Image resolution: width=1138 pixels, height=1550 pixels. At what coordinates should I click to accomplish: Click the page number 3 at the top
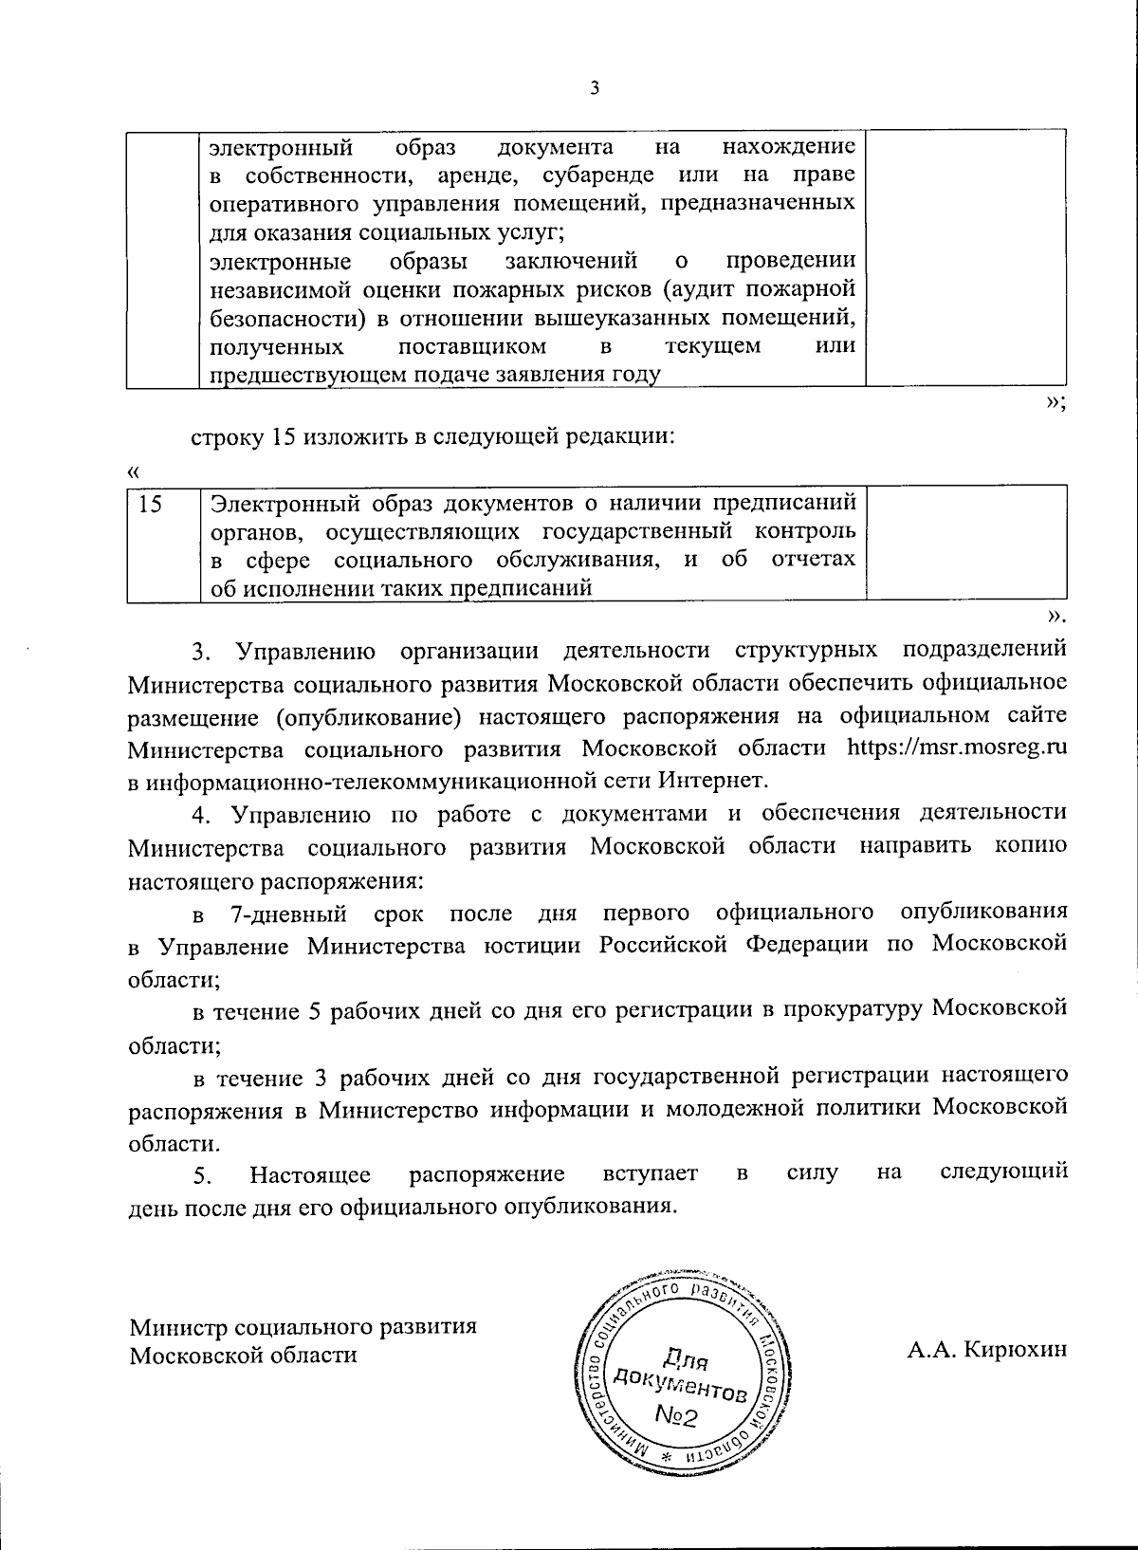[x=594, y=88]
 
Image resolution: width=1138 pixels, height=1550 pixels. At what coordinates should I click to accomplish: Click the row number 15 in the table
[x=150, y=504]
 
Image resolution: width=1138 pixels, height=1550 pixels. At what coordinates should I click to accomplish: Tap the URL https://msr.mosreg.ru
[x=958, y=747]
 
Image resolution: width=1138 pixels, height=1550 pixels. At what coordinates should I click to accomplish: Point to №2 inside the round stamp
[x=677, y=1416]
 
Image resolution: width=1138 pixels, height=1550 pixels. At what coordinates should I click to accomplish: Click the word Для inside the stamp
[x=683, y=1357]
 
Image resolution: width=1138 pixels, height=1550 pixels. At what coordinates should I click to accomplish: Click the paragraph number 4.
[x=200, y=814]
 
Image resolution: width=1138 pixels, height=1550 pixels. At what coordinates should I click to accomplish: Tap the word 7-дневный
[x=288, y=913]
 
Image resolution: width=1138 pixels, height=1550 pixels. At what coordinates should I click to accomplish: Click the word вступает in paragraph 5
[x=652, y=1174]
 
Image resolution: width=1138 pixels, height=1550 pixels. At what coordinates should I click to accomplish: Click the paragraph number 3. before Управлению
[x=200, y=652]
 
